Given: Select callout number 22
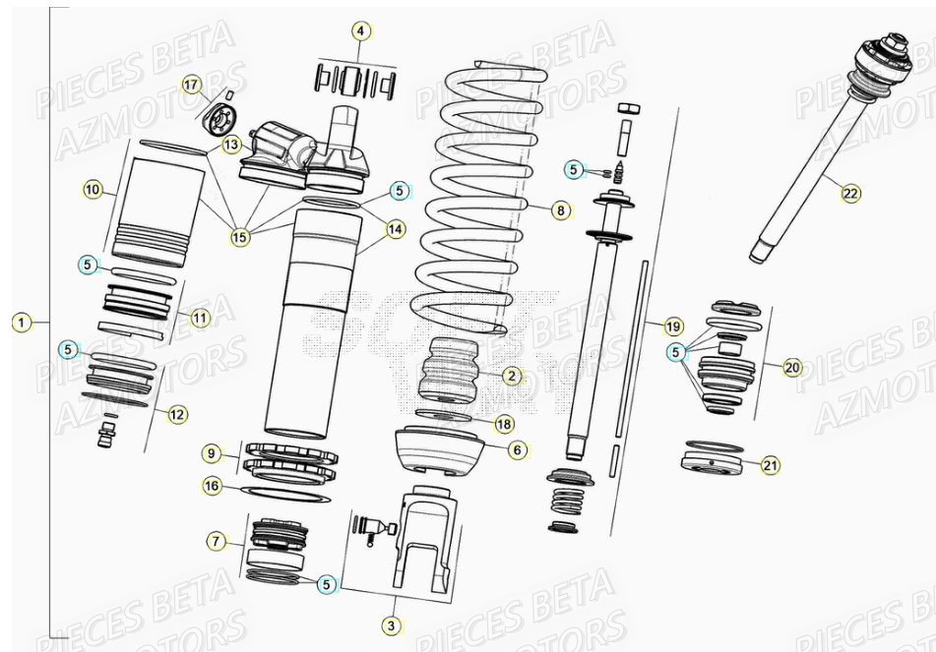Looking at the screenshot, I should tap(849, 194).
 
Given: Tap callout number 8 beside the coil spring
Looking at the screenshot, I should tap(559, 209).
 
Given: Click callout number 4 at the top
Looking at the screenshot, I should tap(361, 31).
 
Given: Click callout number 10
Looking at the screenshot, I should tap(93, 190).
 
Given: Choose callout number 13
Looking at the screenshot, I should tap(230, 145).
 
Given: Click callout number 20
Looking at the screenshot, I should tap(792, 367).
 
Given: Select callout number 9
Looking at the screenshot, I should tap(213, 452).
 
